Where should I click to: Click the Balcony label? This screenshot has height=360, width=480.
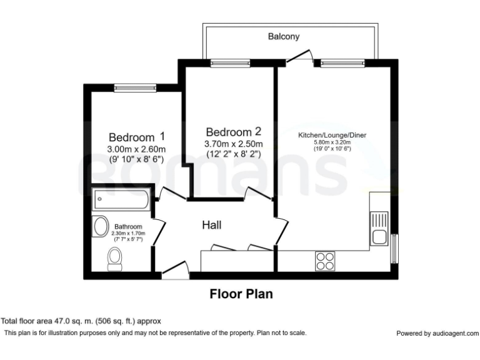[x=284, y=36]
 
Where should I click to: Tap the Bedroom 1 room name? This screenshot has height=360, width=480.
[x=137, y=136]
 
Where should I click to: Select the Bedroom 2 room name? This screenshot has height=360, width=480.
[x=234, y=132]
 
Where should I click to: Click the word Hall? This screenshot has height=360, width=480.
[x=211, y=225]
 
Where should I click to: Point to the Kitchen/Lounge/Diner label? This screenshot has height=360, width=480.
[x=332, y=135]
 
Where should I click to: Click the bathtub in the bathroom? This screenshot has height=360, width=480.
[x=121, y=199]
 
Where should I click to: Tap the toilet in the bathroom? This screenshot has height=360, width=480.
[x=115, y=259]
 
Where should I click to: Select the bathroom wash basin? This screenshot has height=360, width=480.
[x=101, y=226]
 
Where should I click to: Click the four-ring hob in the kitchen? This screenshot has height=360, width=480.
[x=325, y=261]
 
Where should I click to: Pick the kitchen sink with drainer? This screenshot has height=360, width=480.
[x=379, y=228]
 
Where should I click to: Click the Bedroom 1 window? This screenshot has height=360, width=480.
[x=135, y=88]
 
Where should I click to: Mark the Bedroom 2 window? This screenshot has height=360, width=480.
[x=230, y=63]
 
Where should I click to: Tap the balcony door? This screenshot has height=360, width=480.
[x=300, y=57]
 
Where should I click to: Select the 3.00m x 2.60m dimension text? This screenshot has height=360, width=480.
[x=136, y=149]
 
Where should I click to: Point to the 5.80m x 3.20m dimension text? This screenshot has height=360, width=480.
[x=332, y=142]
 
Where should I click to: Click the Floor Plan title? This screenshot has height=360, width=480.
[x=241, y=294]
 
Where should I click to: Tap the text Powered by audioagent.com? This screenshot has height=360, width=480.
[x=437, y=333]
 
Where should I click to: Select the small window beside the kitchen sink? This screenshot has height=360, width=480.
[x=395, y=248]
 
